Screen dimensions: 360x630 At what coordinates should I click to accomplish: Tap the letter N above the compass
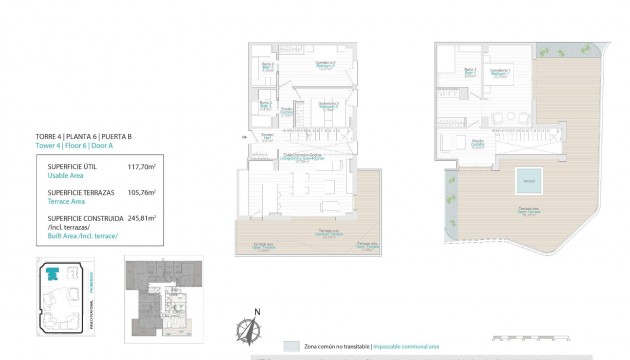pyautogui.click(x=257, y=311)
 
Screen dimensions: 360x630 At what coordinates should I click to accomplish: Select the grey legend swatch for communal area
pyautogui.click(x=291, y=345)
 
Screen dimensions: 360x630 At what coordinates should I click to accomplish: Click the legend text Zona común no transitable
pyautogui.click(x=334, y=345)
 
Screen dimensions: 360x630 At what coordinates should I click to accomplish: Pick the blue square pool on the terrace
pyautogui.click(x=529, y=181)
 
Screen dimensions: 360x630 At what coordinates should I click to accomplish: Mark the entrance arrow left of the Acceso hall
pyautogui.click(x=243, y=137)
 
